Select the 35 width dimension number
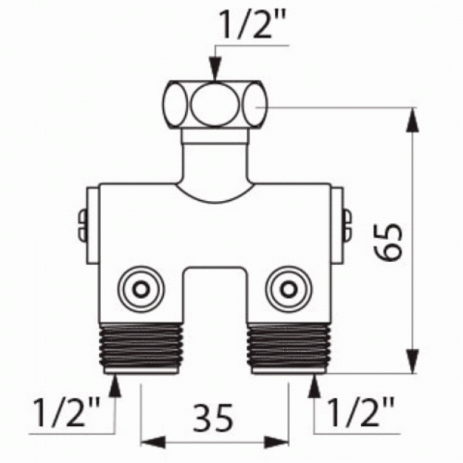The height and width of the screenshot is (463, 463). click(x=214, y=419)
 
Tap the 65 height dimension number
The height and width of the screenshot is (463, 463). click(x=390, y=242)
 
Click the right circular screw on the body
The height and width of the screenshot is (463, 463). click(x=288, y=288)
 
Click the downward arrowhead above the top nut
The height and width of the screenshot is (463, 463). click(x=214, y=70)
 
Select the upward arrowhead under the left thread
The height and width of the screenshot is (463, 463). click(x=113, y=385)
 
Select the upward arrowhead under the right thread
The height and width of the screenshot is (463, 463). click(x=314, y=385)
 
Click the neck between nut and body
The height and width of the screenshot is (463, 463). click(x=214, y=153)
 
